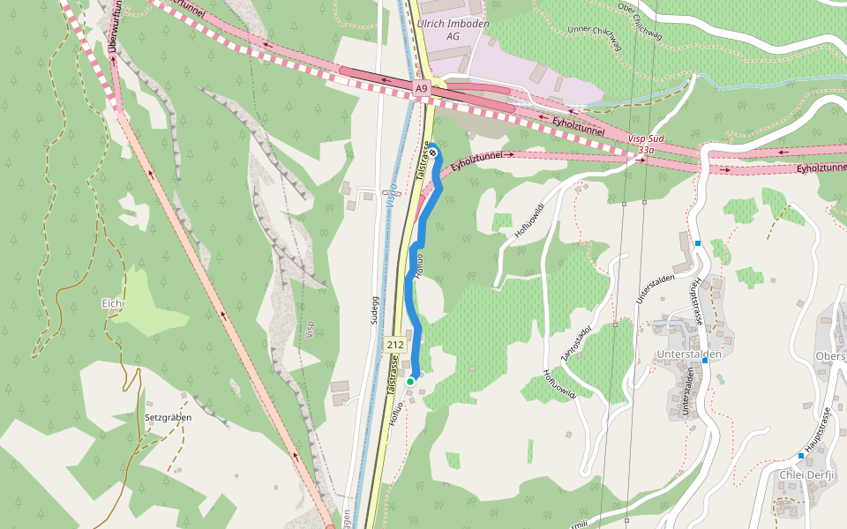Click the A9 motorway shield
click(x=422, y=88)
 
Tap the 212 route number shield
click(x=395, y=345)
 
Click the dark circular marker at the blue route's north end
click(x=432, y=148)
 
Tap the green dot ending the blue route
click(x=410, y=381)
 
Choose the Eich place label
click(x=112, y=303)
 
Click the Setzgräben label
click(x=168, y=416)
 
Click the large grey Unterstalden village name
click(x=689, y=354)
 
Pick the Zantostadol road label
click(x=576, y=345)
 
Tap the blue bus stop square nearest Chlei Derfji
click(x=801, y=455)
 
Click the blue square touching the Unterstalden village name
click(x=705, y=360)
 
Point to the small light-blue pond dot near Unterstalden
click(x=722, y=382)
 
